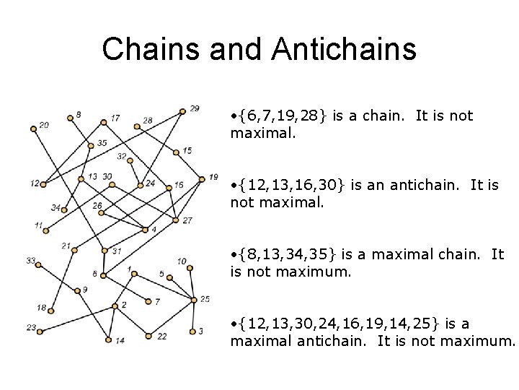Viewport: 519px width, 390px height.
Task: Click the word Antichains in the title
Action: point(345,50)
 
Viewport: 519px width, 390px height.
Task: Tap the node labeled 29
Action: point(183,110)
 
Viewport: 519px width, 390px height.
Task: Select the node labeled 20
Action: point(33,129)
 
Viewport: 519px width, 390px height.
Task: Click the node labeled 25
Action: point(194,299)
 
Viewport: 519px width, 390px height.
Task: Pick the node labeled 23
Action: point(40,332)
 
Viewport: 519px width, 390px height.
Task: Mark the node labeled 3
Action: point(192,331)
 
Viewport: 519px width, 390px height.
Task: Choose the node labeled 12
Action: point(43,184)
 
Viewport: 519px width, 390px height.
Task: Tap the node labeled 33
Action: point(38,264)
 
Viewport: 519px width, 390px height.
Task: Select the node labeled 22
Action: point(148,336)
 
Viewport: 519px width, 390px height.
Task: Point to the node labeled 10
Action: point(190,267)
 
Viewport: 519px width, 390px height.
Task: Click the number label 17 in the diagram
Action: point(115,118)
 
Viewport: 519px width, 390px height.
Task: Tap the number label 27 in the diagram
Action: point(187,220)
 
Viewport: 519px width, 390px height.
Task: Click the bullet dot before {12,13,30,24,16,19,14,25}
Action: point(235,324)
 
